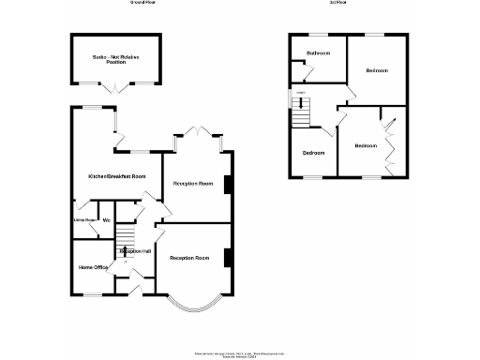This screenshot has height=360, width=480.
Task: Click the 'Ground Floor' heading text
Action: coord(142,3)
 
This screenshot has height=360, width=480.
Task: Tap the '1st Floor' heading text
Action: coord(339,3)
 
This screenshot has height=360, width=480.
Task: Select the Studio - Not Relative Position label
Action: coord(116,59)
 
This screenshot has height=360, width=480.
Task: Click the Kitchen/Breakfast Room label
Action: coord(117,176)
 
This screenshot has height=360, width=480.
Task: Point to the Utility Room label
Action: coord(84,220)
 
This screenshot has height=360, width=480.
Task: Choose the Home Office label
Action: coord(93,267)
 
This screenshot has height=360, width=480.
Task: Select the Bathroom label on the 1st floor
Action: coord(318,53)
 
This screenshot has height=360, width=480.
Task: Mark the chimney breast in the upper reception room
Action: coord(228,184)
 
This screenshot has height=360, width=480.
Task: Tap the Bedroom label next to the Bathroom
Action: coord(377,70)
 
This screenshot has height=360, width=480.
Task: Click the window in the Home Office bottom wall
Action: coord(91,294)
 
